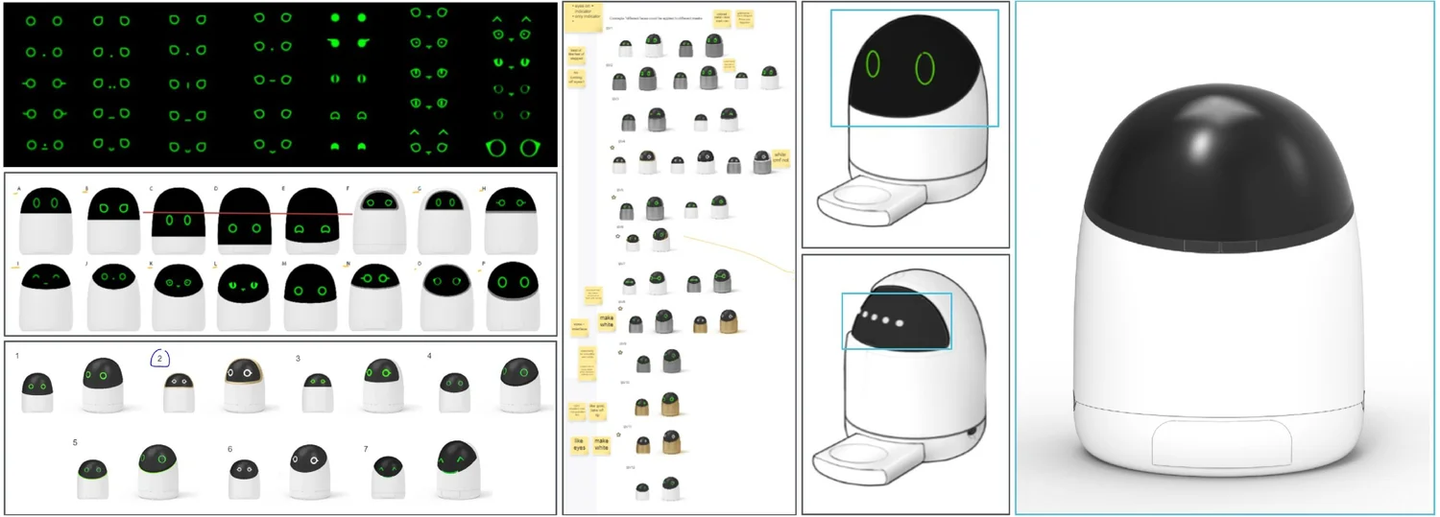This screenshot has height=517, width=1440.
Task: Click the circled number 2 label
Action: pos(160,358)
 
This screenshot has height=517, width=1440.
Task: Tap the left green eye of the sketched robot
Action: pos(873,64)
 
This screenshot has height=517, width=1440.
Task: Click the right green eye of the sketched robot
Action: pos(924,68)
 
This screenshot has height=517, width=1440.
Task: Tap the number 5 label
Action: pos(75,442)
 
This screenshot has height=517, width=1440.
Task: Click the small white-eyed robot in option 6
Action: pos(244,478)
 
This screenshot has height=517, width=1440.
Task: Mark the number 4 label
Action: pos(429,357)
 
